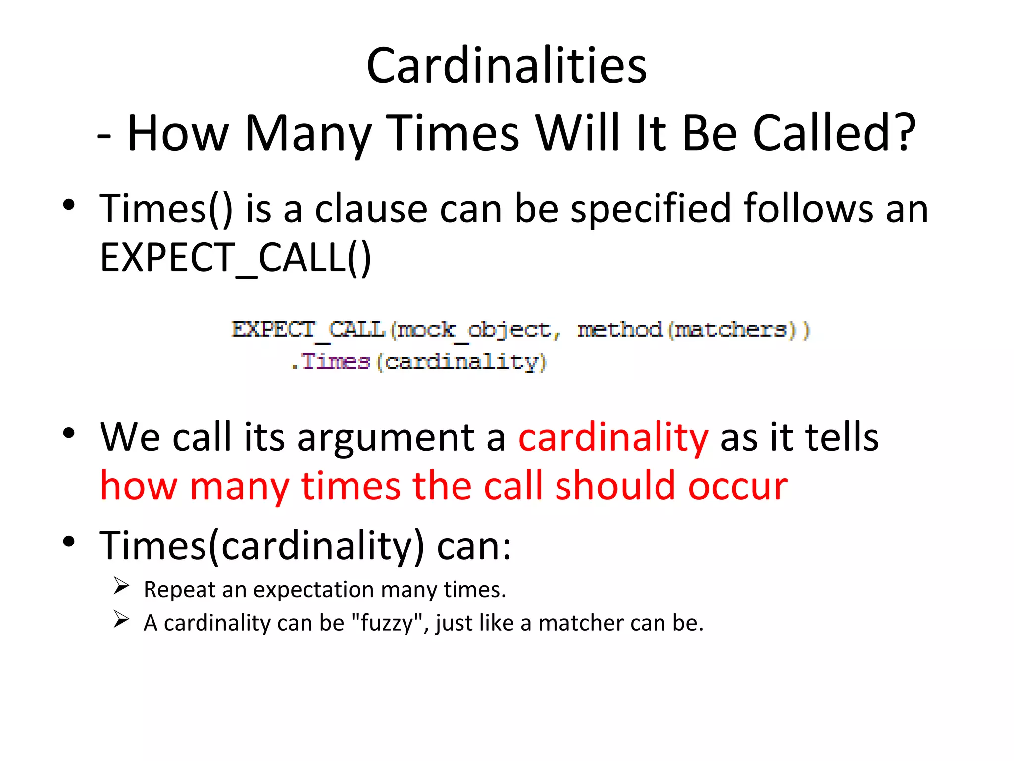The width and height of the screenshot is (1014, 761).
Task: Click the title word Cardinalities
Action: tap(507, 65)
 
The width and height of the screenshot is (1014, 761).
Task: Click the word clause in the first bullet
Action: tap(371, 209)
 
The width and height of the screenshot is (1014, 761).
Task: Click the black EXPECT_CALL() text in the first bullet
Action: tap(236, 258)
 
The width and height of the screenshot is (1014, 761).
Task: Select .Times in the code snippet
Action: tap(331, 361)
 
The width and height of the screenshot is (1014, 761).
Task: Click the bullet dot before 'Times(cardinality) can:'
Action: tap(69, 542)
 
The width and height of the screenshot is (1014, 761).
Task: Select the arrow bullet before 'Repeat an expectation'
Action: tap(121, 586)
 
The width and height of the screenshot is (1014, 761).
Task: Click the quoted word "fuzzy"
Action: tap(387, 623)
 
